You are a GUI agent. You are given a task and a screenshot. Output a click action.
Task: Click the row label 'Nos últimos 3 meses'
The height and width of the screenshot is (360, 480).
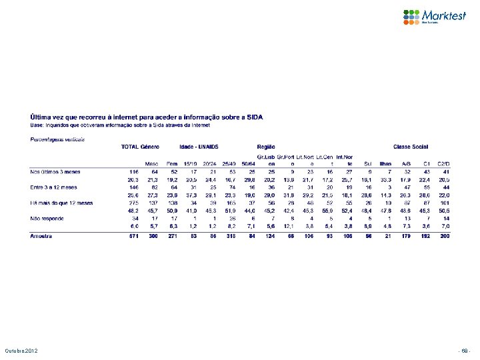coord(52,171)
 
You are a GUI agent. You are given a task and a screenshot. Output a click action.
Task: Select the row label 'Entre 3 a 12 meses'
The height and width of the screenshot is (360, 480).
coord(51,187)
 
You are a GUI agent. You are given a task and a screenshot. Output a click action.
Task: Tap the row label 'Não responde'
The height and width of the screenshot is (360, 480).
coord(45,217)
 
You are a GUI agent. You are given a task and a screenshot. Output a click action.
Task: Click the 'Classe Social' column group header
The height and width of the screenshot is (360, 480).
coord(411,147)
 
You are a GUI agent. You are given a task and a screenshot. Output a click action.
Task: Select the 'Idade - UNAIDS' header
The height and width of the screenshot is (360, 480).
coord(199,147)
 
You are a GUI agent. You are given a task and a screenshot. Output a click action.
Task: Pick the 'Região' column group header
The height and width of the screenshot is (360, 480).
coord(265,147)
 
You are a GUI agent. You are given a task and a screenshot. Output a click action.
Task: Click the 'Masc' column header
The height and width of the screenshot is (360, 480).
coord(151,163)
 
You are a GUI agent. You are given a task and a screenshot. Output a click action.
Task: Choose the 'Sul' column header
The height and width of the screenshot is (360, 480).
coord(367,163)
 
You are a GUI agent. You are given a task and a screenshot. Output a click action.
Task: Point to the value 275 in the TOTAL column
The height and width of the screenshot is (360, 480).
coord(133,203)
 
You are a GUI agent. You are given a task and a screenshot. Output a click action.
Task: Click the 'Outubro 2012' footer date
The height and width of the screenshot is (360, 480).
coord(23,351)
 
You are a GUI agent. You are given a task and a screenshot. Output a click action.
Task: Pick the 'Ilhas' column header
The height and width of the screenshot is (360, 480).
coord(385,163)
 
